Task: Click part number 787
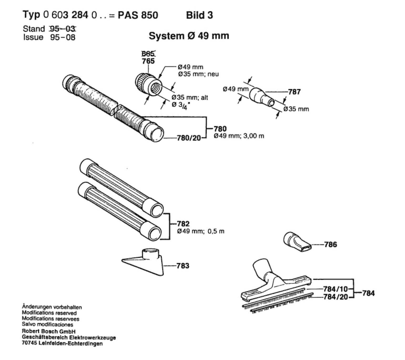click(x=294, y=92)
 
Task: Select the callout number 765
click(x=148, y=61)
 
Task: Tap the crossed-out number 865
click(x=148, y=54)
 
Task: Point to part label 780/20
click(x=189, y=138)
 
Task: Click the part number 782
click(x=183, y=224)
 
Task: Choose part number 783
click(x=183, y=266)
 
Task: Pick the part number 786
click(x=330, y=244)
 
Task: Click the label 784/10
click(x=335, y=289)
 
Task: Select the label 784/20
click(x=335, y=297)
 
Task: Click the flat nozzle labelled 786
click(x=297, y=242)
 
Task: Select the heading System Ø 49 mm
click(x=189, y=36)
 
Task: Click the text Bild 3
click(x=199, y=16)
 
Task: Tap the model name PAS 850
click(x=138, y=16)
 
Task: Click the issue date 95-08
click(x=63, y=37)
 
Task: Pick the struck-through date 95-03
click(x=63, y=29)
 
